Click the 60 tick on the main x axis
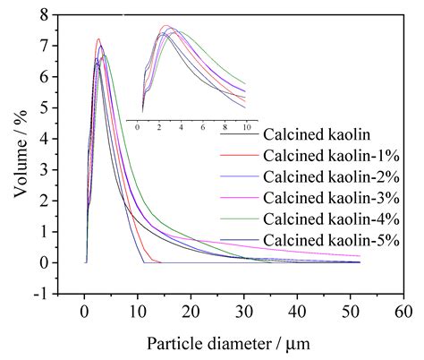coord(404,311)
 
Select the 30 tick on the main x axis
coord(244,311)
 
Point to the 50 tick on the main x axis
coord(351,311)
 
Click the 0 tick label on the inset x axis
coord(138,128)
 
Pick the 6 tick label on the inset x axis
coord(202,128)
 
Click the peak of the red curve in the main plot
coord(98,39)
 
